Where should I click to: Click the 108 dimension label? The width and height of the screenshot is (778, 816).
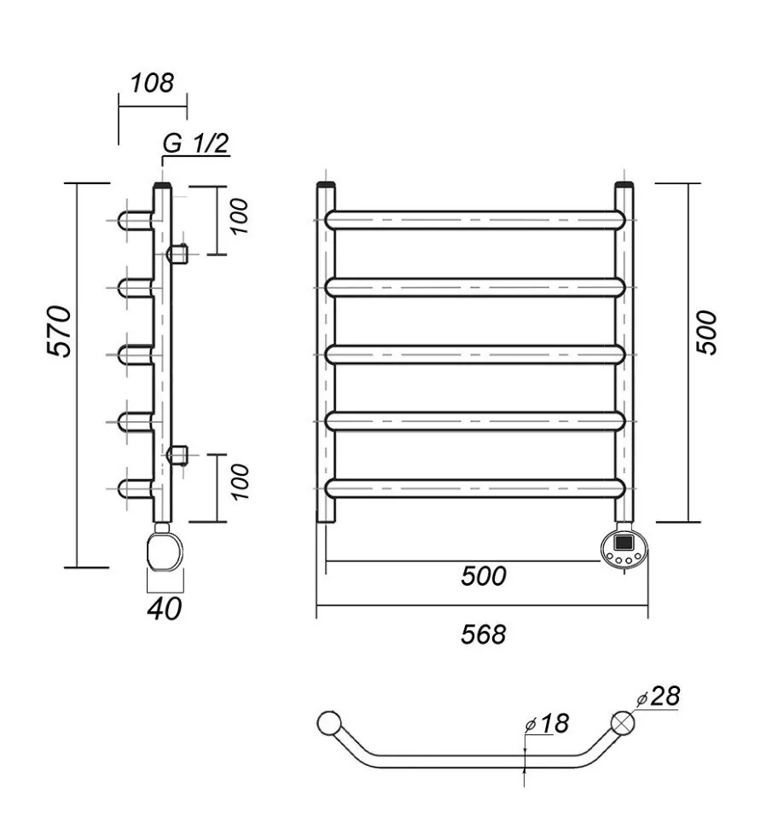coord(152,83)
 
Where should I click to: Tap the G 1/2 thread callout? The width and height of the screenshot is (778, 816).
coord(195,143)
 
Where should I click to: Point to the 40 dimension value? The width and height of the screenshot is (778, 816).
coord(165,609)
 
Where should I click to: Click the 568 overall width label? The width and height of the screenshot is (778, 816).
coord(484,634)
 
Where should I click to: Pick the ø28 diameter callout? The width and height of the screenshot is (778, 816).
coord(659,697)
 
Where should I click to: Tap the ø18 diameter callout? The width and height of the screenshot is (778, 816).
coord(547,724)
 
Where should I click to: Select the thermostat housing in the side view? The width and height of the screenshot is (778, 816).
coord(164,549)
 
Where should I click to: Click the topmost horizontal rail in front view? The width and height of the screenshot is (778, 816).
coord(476,220)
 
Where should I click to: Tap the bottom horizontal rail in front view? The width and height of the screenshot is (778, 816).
coord(476,488)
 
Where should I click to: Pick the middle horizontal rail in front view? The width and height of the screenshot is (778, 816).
coord(476,354)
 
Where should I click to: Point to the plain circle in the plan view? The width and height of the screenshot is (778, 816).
coord(328,723)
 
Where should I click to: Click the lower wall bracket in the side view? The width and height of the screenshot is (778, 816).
coord(177,454)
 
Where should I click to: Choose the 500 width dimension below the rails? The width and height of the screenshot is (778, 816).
coord(484,576)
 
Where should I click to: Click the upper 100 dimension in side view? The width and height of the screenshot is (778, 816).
coord(240,217)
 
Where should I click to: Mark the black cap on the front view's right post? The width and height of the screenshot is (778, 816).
coord(624,184)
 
